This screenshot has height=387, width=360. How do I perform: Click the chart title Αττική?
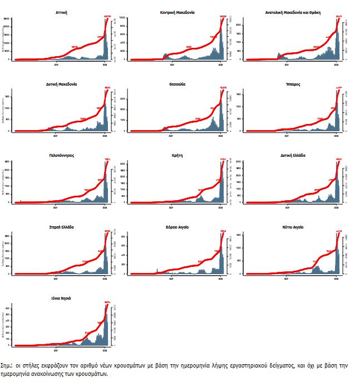click(62, 12)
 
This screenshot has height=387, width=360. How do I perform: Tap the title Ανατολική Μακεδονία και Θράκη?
click(293, 12)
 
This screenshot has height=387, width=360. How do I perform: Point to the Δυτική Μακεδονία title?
click(62, 84)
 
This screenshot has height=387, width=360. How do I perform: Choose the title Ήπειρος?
click(293, 84)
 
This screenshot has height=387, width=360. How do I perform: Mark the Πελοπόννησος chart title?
click(62, 156)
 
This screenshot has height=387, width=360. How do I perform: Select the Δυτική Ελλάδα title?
click(293, 156)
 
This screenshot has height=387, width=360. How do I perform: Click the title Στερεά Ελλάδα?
click(62, 227)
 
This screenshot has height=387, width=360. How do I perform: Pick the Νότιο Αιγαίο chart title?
click(293, 227)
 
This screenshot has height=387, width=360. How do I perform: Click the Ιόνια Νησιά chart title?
click(62, 299)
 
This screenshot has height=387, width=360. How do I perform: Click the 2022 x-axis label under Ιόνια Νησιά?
click(106, 350)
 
